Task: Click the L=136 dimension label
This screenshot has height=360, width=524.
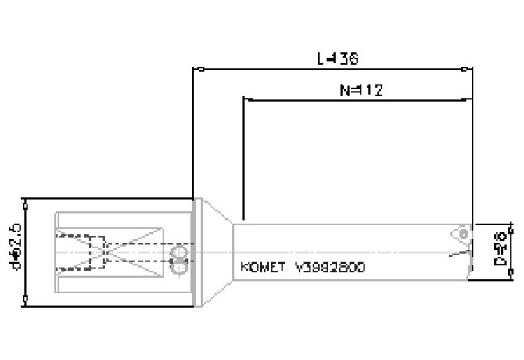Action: click(337, 59)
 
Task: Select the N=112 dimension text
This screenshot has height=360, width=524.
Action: click(361, 89)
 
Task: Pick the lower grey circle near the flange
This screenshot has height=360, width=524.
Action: click(181, 268)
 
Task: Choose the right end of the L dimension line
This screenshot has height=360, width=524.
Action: click(473, 69)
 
